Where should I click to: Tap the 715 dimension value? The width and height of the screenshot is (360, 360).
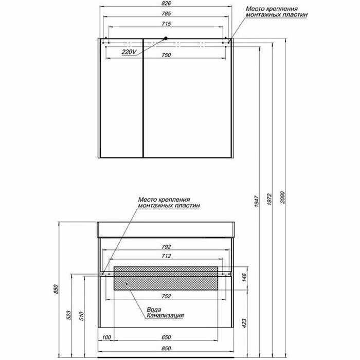(166, 25)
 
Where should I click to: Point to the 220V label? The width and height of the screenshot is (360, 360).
(129, 52)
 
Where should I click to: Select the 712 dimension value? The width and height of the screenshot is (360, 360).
(165, 256)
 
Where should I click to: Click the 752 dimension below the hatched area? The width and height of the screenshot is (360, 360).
(165, 296)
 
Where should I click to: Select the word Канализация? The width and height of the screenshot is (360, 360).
(165, 316)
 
